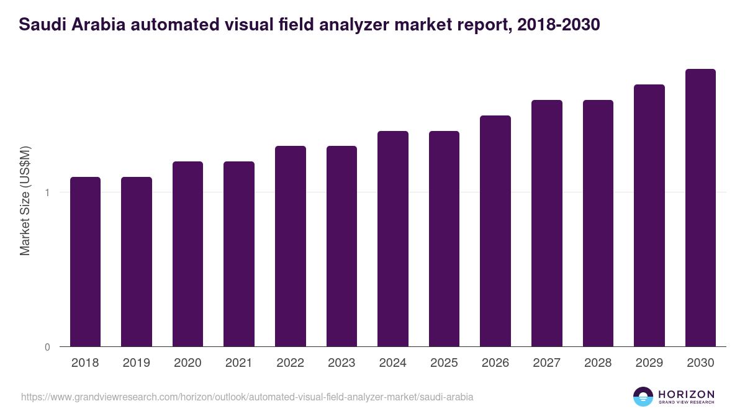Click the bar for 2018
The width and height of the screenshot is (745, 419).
click(85, 261)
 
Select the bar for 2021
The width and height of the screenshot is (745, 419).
click(239, 254)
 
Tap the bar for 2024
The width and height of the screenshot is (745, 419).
click(393, 238)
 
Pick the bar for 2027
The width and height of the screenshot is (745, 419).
click(547, 223)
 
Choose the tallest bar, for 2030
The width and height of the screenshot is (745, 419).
click(700, 207)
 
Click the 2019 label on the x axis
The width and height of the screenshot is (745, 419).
click(137, 363)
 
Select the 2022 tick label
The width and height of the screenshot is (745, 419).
click(290, 363)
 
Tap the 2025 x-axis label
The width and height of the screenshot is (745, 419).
click(444, 363)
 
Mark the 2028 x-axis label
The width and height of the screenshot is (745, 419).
click(598, 363)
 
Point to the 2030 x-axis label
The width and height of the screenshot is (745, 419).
click(700, 363)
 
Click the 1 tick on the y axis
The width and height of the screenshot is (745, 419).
click(47, 192)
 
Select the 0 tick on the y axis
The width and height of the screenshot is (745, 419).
click(47, 347)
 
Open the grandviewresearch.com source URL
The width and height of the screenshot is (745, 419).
click(247, 397)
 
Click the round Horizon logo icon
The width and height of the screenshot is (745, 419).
click(643, 397)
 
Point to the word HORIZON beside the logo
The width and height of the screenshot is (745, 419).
click(686, 394)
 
